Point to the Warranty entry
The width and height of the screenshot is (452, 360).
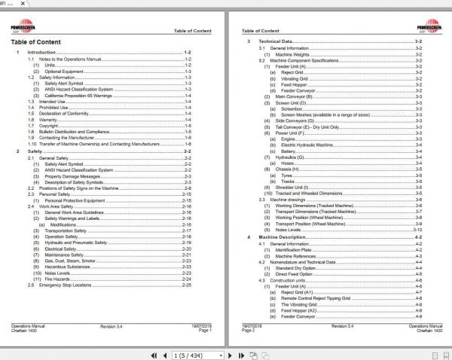tap(48, 119)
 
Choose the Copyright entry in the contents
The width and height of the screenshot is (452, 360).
tap(50, 125)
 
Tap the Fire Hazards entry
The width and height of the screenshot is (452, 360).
tap(58, 279)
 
